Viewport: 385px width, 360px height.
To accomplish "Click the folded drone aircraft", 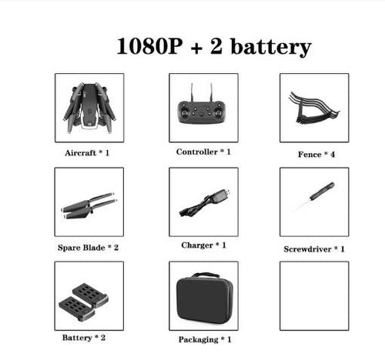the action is tap(89, 108).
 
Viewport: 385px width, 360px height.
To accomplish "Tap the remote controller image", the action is tap(203, 107).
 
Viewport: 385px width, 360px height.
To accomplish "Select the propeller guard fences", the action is tap(313, 108).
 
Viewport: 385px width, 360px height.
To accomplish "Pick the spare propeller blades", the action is tap(89, 205).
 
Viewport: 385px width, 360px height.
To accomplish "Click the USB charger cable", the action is tap(204, 202).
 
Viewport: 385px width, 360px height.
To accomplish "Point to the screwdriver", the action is tap(313, 196).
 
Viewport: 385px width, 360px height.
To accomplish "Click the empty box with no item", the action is tap(314, 296).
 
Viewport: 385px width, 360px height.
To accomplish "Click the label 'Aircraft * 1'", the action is tap(87, 153).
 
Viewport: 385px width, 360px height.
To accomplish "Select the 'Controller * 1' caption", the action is tap(203, 152).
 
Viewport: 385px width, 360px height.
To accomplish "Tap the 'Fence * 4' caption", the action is tap(316, 155).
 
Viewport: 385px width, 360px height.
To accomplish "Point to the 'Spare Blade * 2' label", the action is tap(88, 248).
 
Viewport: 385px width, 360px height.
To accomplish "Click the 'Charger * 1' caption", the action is tap(204, 245).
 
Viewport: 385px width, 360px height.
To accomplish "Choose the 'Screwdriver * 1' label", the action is tap(314, 249).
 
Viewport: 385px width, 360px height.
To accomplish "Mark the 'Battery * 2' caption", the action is tap(84, 338).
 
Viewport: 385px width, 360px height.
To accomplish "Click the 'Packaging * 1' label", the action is tap(205, 340).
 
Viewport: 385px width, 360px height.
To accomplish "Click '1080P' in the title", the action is tap(149, 46).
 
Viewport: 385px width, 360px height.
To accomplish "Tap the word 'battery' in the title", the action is tap(271, 48).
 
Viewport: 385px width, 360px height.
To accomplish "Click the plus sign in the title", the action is tap(197, 48).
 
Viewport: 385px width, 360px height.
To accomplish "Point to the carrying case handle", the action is tap(206, 275).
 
